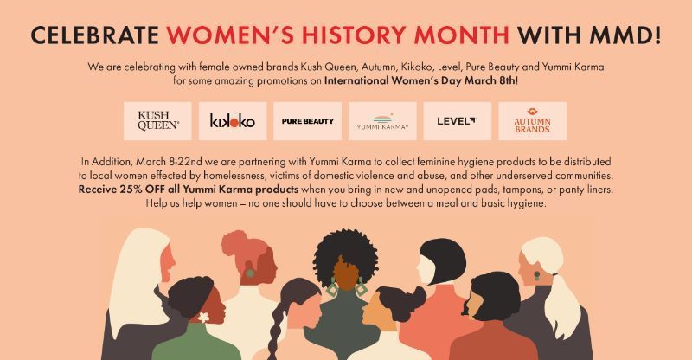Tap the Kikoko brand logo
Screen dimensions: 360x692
[232, 121]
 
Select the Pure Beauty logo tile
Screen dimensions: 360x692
[307, 121]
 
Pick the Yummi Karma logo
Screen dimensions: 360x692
[382, 121]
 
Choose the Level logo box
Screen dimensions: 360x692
[457, 121]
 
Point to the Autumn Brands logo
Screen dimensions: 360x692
[532, 121]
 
